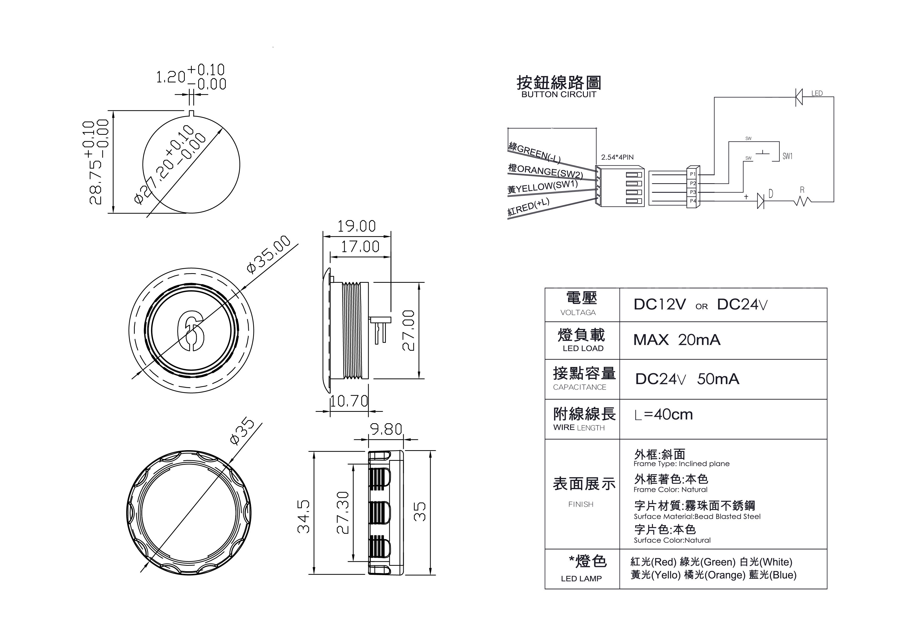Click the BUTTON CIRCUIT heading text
point(559,94)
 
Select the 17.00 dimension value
point(360,247)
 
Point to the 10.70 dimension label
point(349,401)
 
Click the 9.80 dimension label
point(386,429)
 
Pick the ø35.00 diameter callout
point(269,254)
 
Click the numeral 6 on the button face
point(191,331)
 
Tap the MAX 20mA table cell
point(677,340)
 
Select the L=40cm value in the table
point(664,415)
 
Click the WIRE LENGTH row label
point(579,428)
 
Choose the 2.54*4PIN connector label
point(617,157)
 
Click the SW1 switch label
point(787,156)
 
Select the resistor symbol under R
point(802,202)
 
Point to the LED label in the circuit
point(817,94)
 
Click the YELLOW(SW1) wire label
point(543,187)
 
